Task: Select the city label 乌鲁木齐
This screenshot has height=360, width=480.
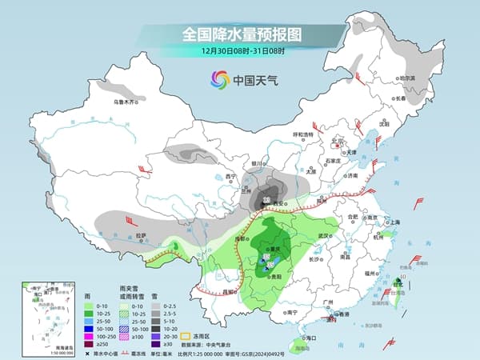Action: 126,102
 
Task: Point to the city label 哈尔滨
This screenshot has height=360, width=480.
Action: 407,78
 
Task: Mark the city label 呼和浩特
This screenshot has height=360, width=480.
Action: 303,134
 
